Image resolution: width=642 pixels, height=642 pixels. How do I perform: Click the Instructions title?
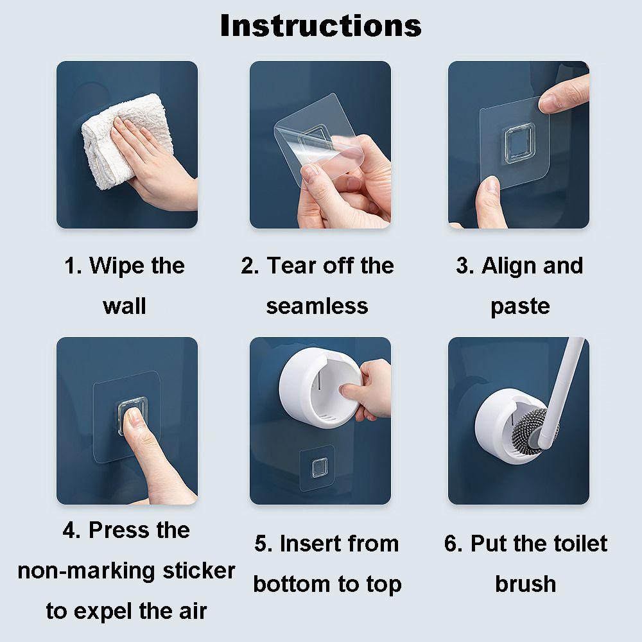320,26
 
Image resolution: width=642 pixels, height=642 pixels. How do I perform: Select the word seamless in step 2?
317,306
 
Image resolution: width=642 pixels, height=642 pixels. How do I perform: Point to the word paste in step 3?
520,306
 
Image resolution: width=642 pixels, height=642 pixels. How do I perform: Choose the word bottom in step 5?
288,584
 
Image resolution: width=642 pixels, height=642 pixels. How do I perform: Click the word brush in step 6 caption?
525,584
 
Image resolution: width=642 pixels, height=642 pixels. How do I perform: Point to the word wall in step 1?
125,306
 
